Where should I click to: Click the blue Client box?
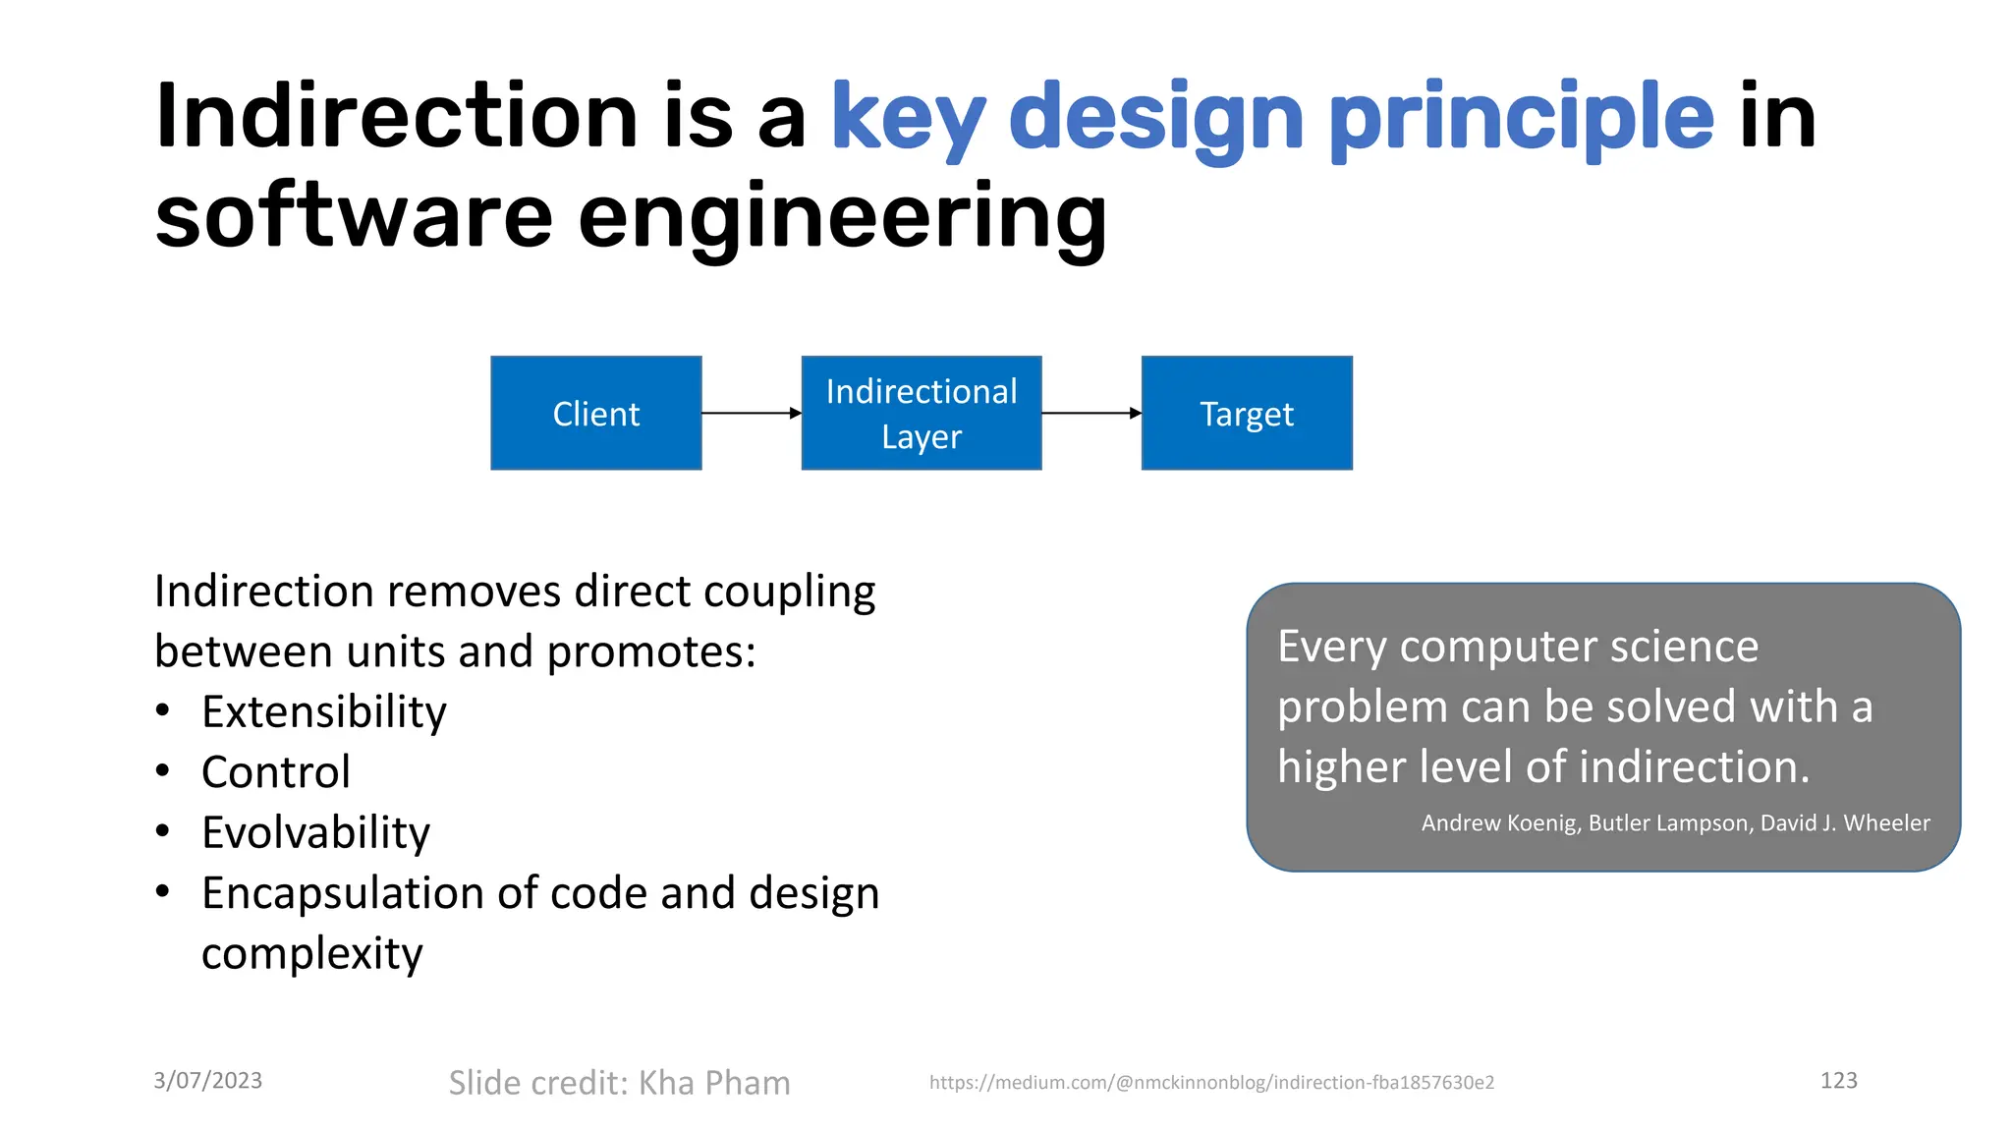pyautogui.click(x=595, y=413)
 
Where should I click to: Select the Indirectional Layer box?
pyautogui.click(x=921, y=413)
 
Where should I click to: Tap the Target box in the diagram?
pyautogui.click(x=1246, y=413)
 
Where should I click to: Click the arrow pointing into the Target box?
pyautogui.click(x=1091, y=413)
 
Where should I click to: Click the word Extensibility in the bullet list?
pyautogui.click(x=323, y=711)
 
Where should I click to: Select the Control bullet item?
pyautogui.click(x=275, y=772)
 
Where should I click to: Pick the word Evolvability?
pyautogui.click(x=315, y=832)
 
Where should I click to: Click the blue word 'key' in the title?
pyautogui.click(x=908, y=118)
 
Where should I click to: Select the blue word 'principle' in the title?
pyautogui.click(x=1521, y=118)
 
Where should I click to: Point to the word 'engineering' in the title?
pyautogui.click(x=842, y=218)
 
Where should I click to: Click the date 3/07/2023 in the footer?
pyautogui.click(x=208, y=1080)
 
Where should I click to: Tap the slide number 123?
pyautogui.click(x=1838, y=1080)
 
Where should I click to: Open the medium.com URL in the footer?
pyautogui.click(x=1211, y=1082)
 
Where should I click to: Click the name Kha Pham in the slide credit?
pyautogui.click(x=714, y=1082)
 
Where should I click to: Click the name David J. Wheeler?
pyautogui.click(x=1845, y=822)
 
